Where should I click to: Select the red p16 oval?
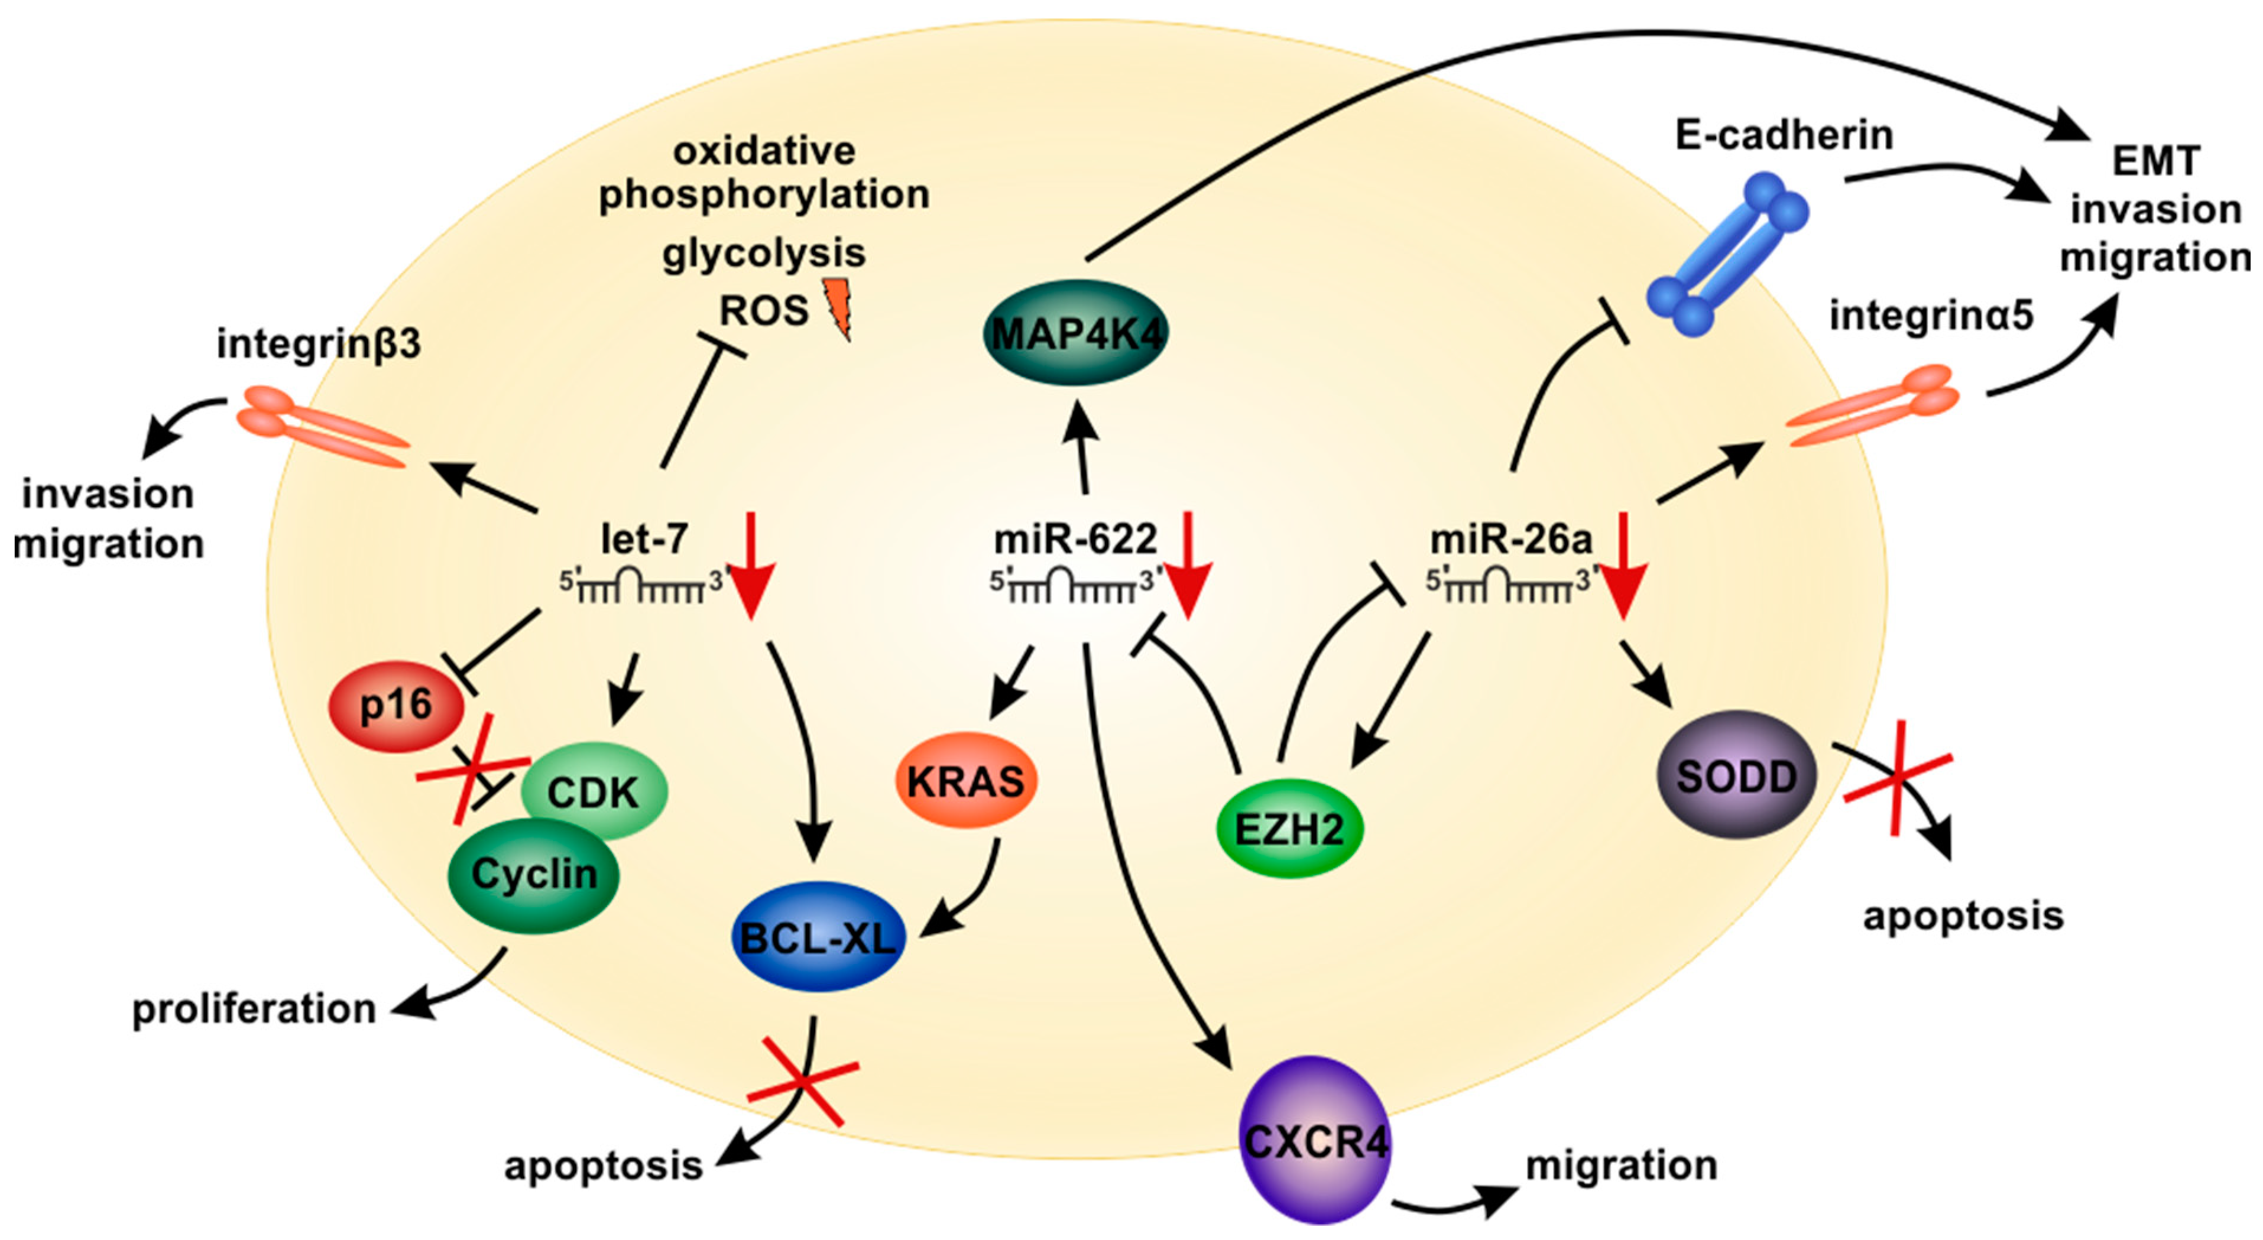click(396, 705)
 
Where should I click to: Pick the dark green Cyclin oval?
click(533, 875)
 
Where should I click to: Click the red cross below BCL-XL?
click(802, 1081)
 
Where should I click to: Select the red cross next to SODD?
click(1898, 778)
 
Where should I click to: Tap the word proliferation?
click(253, 1009)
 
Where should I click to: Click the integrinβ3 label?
click(319, 344)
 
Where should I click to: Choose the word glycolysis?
click(763, 254)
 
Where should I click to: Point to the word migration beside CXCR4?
click(1621, 1166)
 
